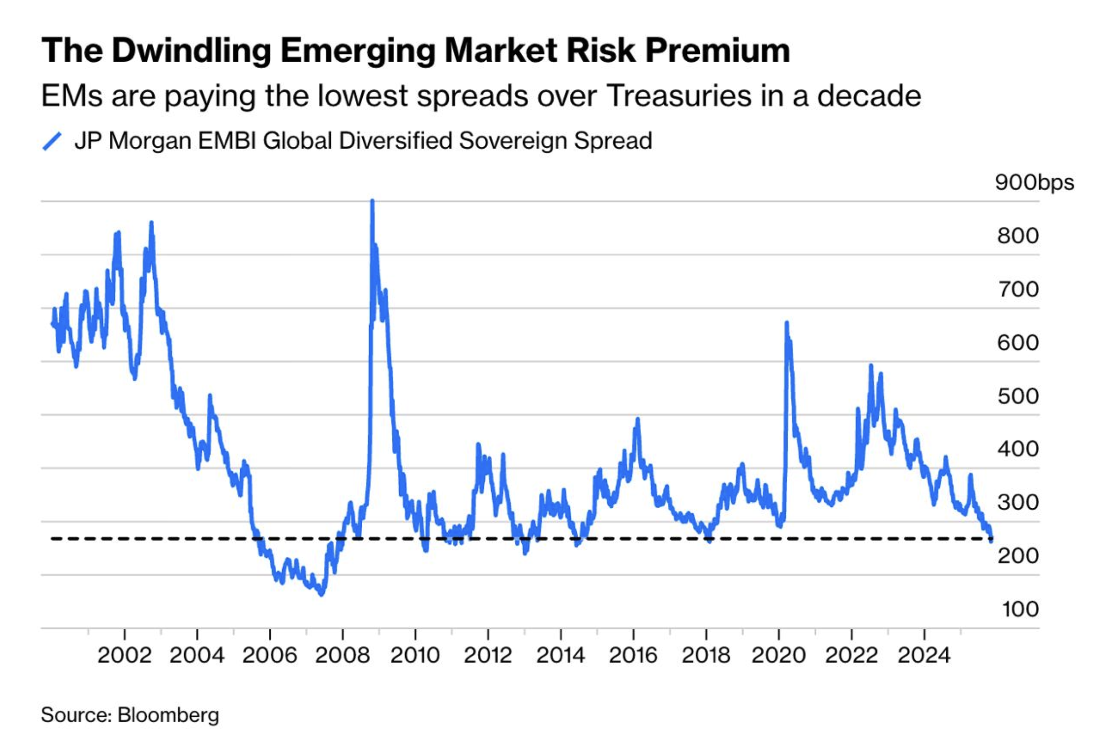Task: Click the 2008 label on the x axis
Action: tap(342, 655)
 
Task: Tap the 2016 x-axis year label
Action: tap(633, 655)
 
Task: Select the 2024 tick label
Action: tap(923, 655)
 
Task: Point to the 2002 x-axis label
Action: tap(124, 655)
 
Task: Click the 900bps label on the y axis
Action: tap(1034, 182)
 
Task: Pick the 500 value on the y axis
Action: tap(1018, 396)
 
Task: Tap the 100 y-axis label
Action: tap(1020, 609)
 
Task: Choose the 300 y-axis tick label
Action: tap(1018, 502)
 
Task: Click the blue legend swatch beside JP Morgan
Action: tap(52, 141)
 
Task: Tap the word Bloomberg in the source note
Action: tap(168, 715)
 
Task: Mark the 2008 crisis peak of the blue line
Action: tap(372, 201)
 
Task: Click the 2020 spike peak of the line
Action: tap(786, 323)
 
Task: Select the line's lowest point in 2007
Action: tap(322, 594)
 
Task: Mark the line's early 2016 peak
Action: tap(638, 419)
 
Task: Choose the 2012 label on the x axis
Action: tap(488, 655)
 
